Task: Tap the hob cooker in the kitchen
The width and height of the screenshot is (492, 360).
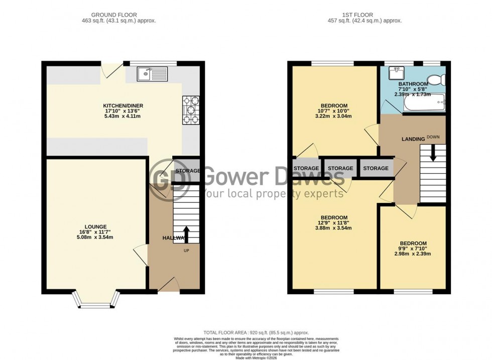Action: tap(191, 109)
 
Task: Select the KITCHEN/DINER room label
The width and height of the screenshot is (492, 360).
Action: tap(123, 106)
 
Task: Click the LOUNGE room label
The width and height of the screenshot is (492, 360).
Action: tap(95, 226)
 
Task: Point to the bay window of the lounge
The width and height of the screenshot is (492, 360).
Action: tap(96, 299)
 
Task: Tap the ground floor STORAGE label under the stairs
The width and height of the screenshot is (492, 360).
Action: tap(187, 171)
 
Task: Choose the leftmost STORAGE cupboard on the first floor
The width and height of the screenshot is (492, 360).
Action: tap(306, 168)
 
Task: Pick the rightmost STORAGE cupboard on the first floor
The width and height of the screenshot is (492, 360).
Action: tap(376, 168)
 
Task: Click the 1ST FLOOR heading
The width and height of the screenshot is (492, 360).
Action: tap(364, 15)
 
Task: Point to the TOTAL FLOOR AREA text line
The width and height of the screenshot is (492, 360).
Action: tap(256, 332)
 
